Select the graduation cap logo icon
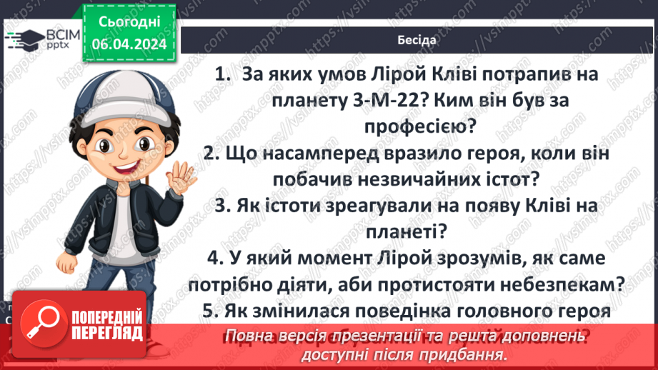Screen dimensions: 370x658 tap(24, 37)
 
